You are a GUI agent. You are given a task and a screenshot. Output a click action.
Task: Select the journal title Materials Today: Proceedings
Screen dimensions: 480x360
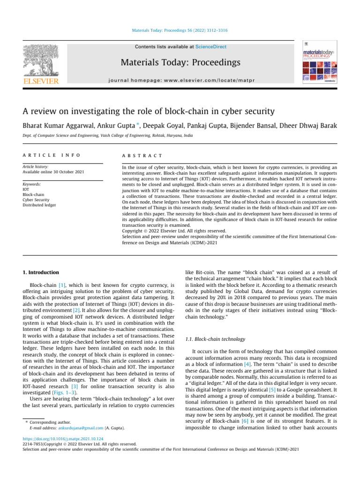pos(180,62)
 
